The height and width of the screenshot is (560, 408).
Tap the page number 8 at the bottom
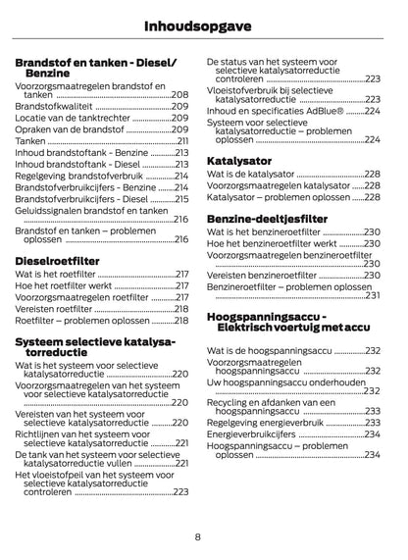click(x=198, y=536)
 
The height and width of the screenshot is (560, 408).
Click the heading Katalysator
click(x=240, y=159)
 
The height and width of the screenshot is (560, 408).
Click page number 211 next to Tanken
click(x=182, y=140)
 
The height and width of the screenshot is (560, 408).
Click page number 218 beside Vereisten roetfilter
click(x=180, y=308)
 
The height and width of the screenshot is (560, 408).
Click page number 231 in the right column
click(x=372, y=294)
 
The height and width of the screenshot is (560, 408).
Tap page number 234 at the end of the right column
click(x=372, y=455)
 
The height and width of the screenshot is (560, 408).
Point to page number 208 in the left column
click(x=180, y=94)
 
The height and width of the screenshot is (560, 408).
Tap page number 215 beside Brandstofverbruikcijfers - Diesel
click(x=180, y=199)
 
